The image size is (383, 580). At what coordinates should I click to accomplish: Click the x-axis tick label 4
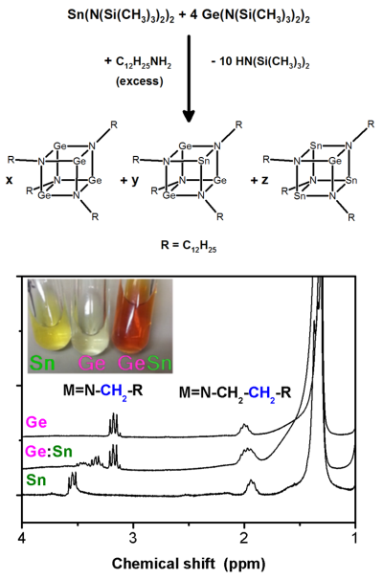[22, 538]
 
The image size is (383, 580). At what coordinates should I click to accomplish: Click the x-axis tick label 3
[133, 538]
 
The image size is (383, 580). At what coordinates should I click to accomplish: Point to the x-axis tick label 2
[244, 538]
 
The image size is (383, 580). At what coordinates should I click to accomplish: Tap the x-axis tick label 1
[355, 538]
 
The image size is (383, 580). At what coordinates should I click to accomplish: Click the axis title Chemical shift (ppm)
[189, 564]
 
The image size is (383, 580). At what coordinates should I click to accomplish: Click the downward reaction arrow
[189, 78]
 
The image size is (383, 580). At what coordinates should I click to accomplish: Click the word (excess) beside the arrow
[140, 81]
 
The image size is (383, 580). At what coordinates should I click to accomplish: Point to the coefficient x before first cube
[9, 180]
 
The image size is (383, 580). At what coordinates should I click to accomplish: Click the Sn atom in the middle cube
[204, 161]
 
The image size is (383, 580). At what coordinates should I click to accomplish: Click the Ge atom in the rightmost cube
[335, 161]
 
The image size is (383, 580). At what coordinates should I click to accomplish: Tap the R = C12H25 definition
[189, 246]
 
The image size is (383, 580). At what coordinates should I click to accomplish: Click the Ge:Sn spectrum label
[49, 452]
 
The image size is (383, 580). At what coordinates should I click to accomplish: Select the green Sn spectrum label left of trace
[36, 480]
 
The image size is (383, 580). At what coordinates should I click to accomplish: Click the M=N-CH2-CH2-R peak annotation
[235, 392]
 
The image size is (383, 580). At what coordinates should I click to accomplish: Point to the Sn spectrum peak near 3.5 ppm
[72, 481]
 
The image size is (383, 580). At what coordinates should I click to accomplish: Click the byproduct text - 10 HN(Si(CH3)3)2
[260, 62]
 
